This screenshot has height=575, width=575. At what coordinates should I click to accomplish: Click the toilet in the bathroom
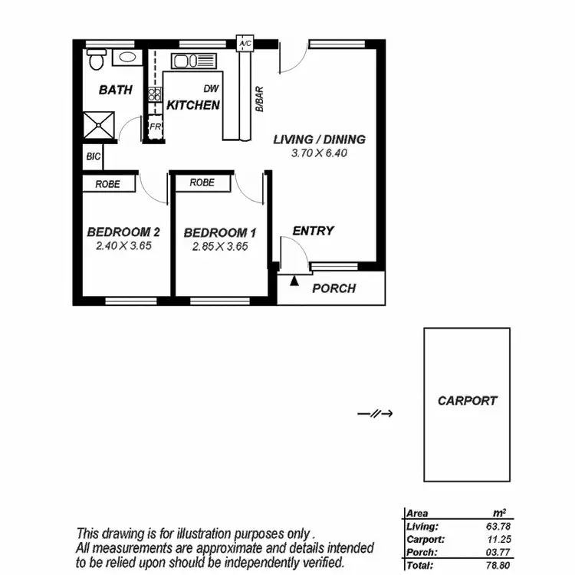click(96, 59)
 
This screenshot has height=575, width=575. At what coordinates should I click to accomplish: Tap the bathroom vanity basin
click(125, 58)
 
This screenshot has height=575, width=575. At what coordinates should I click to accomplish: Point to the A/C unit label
click(245, 44)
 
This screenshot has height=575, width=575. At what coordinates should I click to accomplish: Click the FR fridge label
click(155, 127)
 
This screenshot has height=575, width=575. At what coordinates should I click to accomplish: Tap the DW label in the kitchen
click(211, 89)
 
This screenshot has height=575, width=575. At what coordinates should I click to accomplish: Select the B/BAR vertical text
click(259, 100)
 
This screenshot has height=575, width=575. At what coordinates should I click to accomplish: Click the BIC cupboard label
click(93, 157)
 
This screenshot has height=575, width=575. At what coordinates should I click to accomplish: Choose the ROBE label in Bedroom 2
click(107, 184)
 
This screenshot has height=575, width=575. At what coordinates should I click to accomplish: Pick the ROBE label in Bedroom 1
click(202, 183)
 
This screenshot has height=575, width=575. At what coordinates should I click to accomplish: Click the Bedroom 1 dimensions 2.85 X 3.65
click(219, 247)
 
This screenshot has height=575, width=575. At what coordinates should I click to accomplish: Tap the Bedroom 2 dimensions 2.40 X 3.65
click(123, 247)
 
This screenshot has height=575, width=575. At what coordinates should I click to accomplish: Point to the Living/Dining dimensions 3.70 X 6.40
click(319, 153)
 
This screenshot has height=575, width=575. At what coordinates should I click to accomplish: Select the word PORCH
click(334, 289)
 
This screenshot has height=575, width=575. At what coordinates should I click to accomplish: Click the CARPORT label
click(467, 400)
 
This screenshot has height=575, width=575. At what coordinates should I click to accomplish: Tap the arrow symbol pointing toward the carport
click(376, 414)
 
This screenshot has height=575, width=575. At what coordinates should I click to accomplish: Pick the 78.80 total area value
click(497, 565)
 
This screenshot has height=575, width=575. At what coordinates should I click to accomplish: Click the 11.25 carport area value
click(497, 540)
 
